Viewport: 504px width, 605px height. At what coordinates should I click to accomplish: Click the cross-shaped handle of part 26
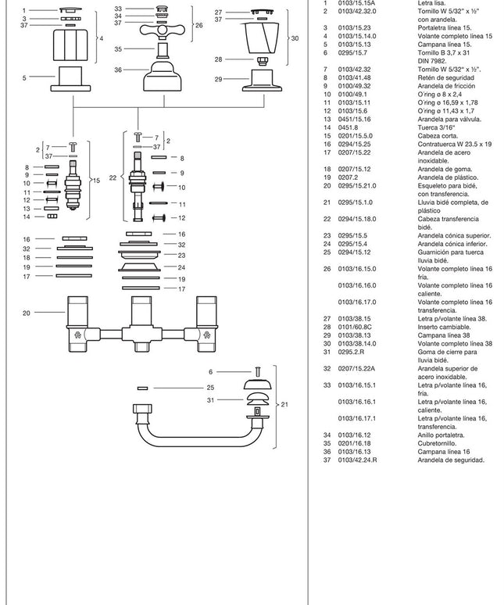(163, 31)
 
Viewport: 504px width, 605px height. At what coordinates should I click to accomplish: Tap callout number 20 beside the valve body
(27, 313)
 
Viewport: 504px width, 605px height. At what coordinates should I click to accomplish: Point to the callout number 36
(118, 70)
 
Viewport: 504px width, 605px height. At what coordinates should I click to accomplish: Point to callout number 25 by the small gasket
(210, 387)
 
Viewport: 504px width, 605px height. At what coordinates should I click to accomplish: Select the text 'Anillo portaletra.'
(441, 435)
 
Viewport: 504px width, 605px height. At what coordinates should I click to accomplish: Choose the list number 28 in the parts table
(327, 327)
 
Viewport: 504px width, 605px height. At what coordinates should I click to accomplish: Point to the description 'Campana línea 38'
(442, 335)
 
